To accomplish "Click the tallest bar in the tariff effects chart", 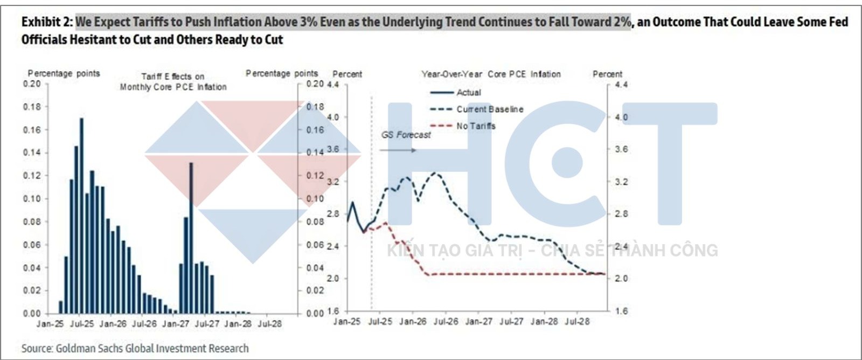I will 81,216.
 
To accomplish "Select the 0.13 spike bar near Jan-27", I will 191,237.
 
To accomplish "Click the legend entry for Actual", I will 469,93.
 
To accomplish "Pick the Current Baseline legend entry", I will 490,109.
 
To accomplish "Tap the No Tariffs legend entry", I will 476,126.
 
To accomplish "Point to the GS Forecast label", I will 406,135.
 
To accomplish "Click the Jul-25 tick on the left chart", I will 82,324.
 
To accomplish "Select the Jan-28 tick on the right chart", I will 544,322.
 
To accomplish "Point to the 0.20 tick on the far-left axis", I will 32,84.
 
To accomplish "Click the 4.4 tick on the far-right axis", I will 621,85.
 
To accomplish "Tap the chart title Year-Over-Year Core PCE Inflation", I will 491,74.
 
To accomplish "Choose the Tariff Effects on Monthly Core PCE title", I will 173,82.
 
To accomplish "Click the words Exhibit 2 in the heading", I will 46,22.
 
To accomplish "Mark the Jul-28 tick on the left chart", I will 269,324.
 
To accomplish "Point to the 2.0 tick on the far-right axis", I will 621,279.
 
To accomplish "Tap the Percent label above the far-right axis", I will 607,74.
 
